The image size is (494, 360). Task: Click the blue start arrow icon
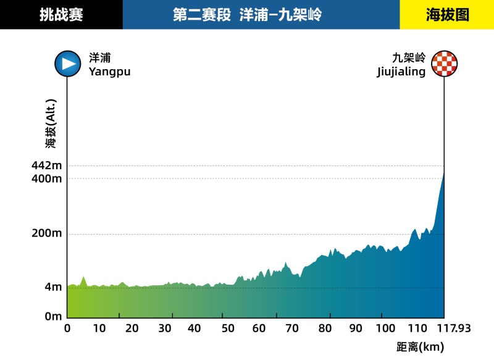[x=67, y=64]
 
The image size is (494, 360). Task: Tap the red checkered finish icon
[x=445, y=64]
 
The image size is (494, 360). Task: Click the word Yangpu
[x=109, y=72]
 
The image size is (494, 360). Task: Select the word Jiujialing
[x=401, y=72]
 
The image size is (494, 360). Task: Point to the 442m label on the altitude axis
[x=46, y=165]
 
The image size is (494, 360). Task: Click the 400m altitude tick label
[x=46, y=178]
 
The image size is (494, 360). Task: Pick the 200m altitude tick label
[x=46, y=234]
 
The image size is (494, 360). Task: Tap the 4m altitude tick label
[x=52, y=287]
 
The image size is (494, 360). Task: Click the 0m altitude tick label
[x=52, y=316]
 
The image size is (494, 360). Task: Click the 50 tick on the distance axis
[x=227, y=329]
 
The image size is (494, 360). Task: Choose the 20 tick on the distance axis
[x=132, y=329]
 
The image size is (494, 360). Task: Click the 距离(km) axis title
[x=420, y=347]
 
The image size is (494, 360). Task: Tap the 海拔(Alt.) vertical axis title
[x=51, y=123]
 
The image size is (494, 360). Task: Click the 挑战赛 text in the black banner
[x=61, y=15]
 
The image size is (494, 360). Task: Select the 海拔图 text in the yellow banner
[x=447, y=15]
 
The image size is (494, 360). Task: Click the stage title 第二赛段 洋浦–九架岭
[x=247, y=15]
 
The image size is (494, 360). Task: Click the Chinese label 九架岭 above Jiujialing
[x=409, y=58]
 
